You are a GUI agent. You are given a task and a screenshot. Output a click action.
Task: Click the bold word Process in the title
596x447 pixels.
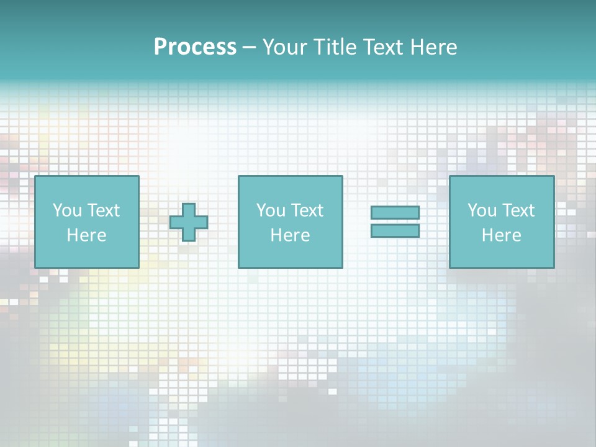click(x=195, y=47)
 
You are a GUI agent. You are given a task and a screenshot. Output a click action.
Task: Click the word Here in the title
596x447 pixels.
click(x=434, y=47)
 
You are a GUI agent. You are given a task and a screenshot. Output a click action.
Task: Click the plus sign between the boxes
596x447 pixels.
click(x=189, y=222)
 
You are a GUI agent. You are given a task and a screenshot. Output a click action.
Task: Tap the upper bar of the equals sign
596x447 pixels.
click(x=395, y=212)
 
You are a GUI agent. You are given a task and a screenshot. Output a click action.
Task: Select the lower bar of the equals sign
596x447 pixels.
click(x=395, y=230)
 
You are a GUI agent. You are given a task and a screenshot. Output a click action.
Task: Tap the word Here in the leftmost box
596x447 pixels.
click(x=86, y=235)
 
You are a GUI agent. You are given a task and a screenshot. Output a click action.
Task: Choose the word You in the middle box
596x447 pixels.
click(x=270, y=210)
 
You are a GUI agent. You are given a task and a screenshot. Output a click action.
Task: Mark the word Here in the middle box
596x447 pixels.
click(x=290, y=235)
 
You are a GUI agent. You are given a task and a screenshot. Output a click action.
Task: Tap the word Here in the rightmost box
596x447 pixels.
click(x=501, y=235)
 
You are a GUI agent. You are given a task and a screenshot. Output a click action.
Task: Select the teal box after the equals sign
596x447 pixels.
click(x=502, y=255)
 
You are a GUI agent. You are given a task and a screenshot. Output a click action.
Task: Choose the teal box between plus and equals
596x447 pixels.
click(x=290, y=255)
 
